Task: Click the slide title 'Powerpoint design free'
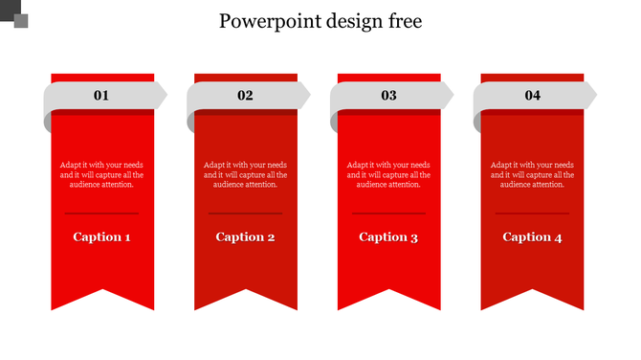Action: pos(320,21)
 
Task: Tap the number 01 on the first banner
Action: pos(101,95)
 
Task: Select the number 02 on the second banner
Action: pos(245,95)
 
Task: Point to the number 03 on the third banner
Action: pos(388,95)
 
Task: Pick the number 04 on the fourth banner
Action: pos(532,95)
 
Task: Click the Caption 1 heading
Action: pos(102,236)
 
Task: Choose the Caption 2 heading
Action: pos(246,236)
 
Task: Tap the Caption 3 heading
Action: pos(389,236)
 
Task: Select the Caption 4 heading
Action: pos(533,236)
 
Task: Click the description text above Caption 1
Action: pos(102,174)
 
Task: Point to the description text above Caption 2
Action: pos(246,174)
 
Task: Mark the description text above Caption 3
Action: pos(389,174)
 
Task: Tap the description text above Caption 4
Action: pos(533,174)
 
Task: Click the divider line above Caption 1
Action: pos(102,213)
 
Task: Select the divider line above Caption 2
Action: pos(246,213)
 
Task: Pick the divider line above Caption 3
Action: pos(389,213)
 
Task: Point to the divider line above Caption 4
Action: pos(533,213)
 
